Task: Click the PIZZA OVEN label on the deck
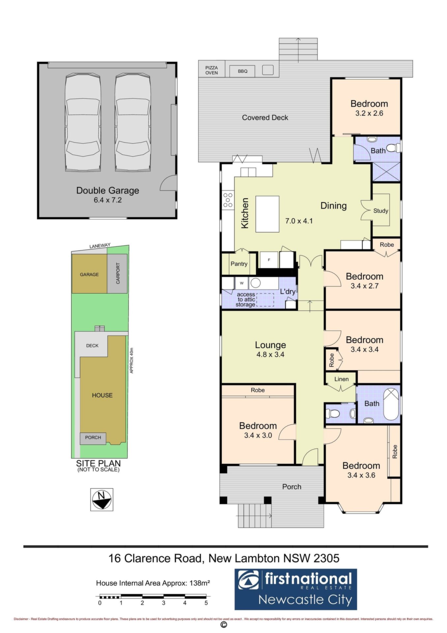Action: click(211, 70)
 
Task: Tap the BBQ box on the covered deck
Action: click(243, 71)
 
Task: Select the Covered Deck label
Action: click(265, 118)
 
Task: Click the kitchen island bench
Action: click(267, 214)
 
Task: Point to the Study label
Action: click(380, 211)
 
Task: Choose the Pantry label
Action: click(239, 264)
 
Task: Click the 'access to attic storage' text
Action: click(246, 299)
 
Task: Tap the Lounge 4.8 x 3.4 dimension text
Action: click(270, 355)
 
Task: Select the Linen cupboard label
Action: click(341, 379)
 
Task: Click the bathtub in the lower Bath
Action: click(391, 404)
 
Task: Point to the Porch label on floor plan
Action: click(292, 487)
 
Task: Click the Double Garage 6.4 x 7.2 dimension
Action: click(108, 200)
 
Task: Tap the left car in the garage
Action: click(83, 122)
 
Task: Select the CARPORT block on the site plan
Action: click(117, 273)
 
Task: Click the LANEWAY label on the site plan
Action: click(100, 246)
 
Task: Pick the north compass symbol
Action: click(102, 499)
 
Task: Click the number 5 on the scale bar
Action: click(206, 603)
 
